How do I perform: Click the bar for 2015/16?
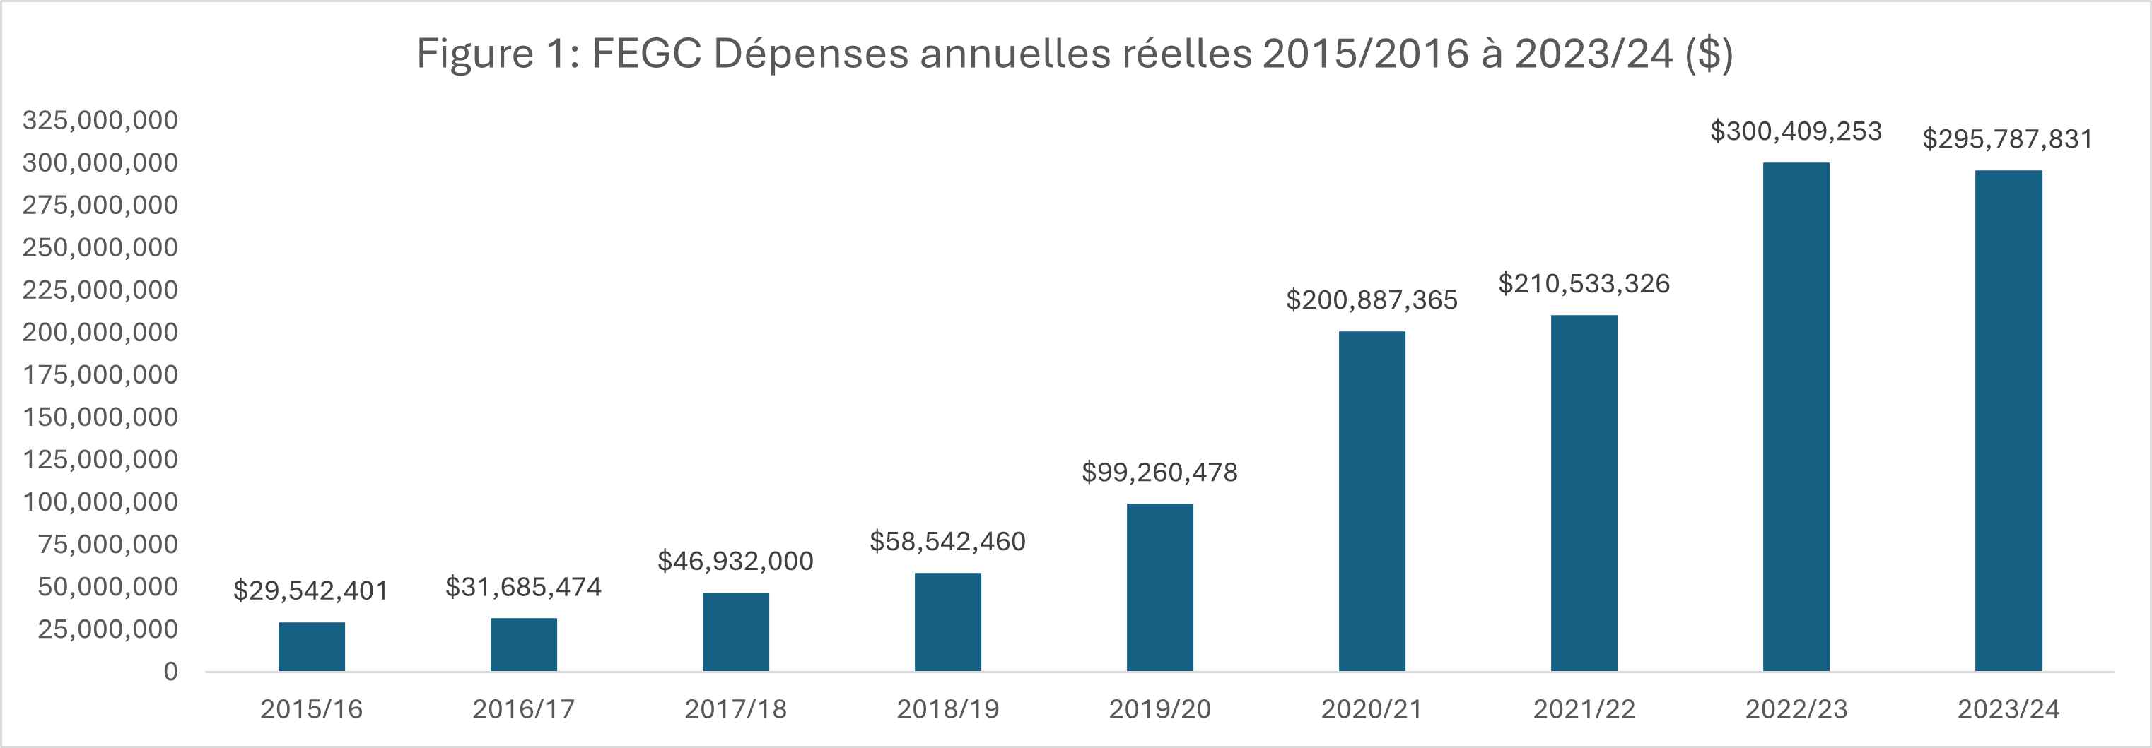[312, 647]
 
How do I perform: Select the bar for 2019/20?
[1159, 588]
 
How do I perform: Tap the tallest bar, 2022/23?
[1796, 417]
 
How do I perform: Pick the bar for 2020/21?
[1372, 501]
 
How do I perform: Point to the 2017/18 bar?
[735, 632]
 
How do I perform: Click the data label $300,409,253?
[1796, 132]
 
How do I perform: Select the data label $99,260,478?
[1159, 473]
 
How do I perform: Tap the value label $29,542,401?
[311, 591]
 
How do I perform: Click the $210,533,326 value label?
[1584, 284]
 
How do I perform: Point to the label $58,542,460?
[947, 542]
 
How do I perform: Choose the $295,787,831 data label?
[2008, 139]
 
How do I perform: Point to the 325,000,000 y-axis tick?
[100, 120]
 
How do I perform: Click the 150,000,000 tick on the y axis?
[100, 417]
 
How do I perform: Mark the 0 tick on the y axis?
[170, 672]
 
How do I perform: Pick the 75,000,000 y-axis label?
[107, 545]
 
